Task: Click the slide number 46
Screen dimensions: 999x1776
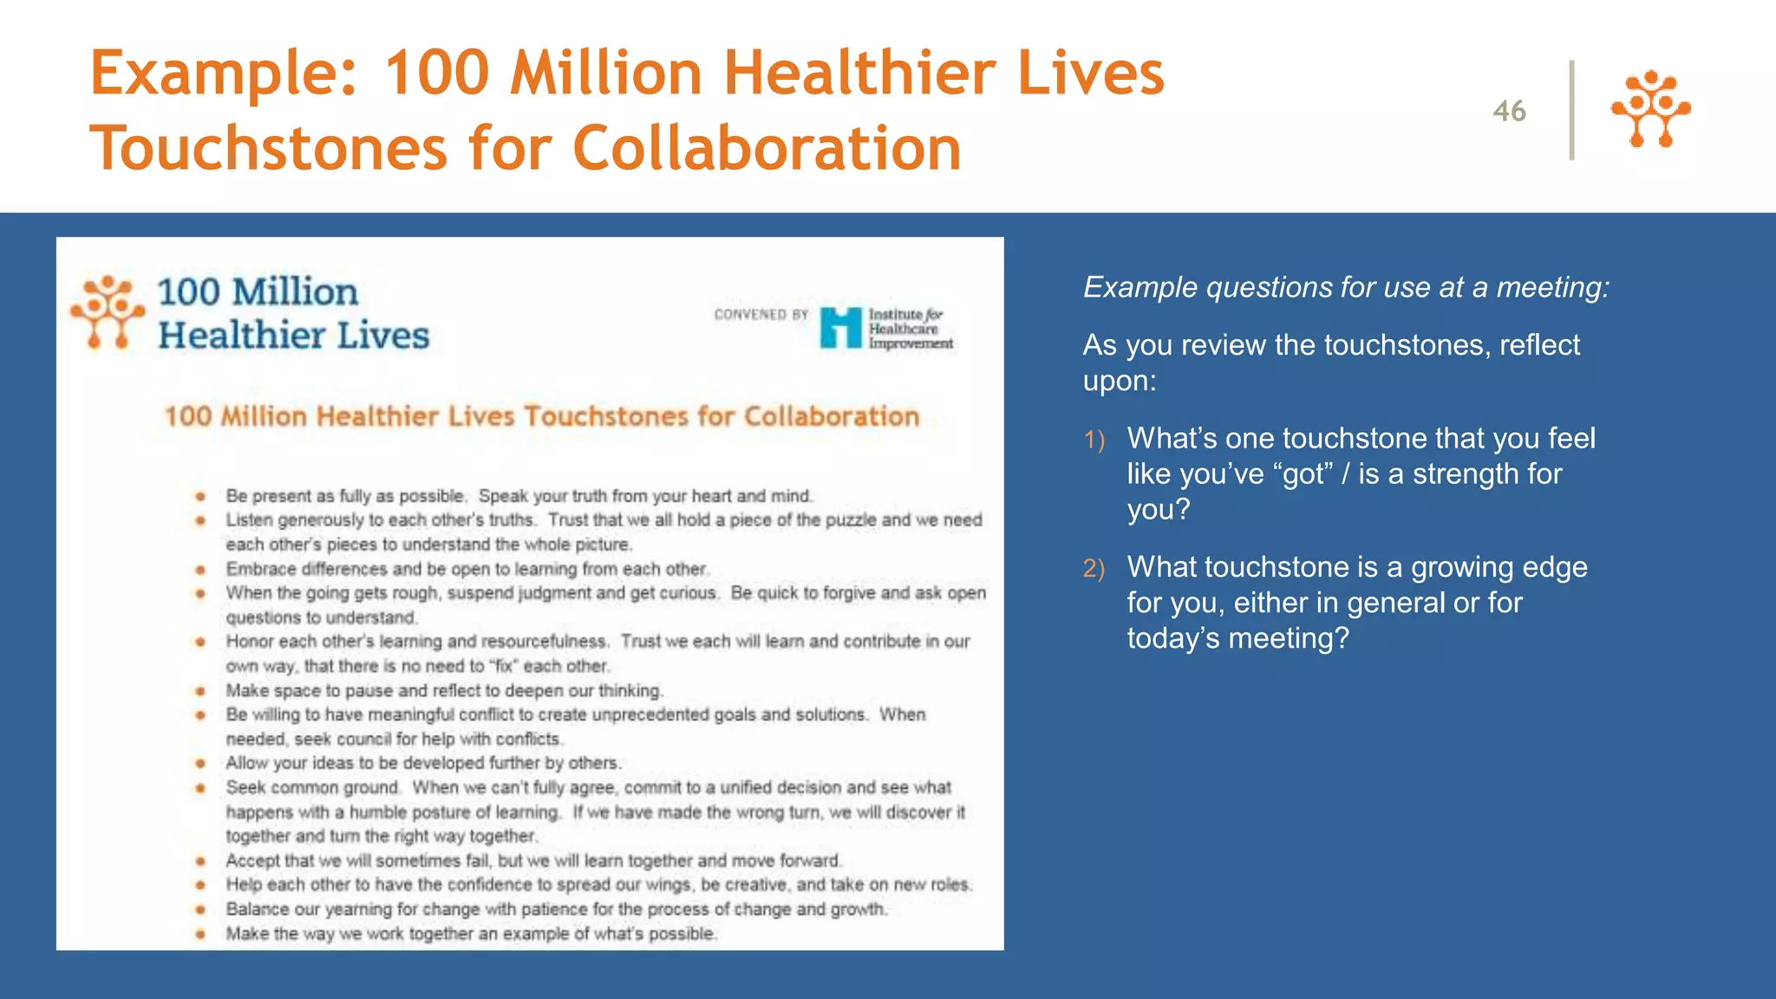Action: pos(1509,111)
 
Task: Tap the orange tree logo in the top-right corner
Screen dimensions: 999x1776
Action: pos(1650,109)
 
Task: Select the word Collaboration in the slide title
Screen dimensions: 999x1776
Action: pos(767,148)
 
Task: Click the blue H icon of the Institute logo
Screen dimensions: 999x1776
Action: pos(840,328)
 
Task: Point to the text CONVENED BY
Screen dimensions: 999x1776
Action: pos(761,315)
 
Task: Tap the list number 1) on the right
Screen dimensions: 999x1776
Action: pos(1094,441)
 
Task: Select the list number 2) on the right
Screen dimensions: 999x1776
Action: pos(1094,569)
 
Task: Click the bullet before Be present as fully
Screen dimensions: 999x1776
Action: pos(200,497)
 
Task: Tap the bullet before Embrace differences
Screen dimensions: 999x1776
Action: pos(200,570)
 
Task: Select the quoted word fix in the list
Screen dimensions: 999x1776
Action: pos(503,667)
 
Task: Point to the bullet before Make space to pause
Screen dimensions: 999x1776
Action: pos(200,691)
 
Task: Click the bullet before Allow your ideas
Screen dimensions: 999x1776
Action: pos(200,764)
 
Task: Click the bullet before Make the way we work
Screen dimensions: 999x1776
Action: pos(200,934)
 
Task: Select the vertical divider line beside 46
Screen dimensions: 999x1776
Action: pos(1571,110)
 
